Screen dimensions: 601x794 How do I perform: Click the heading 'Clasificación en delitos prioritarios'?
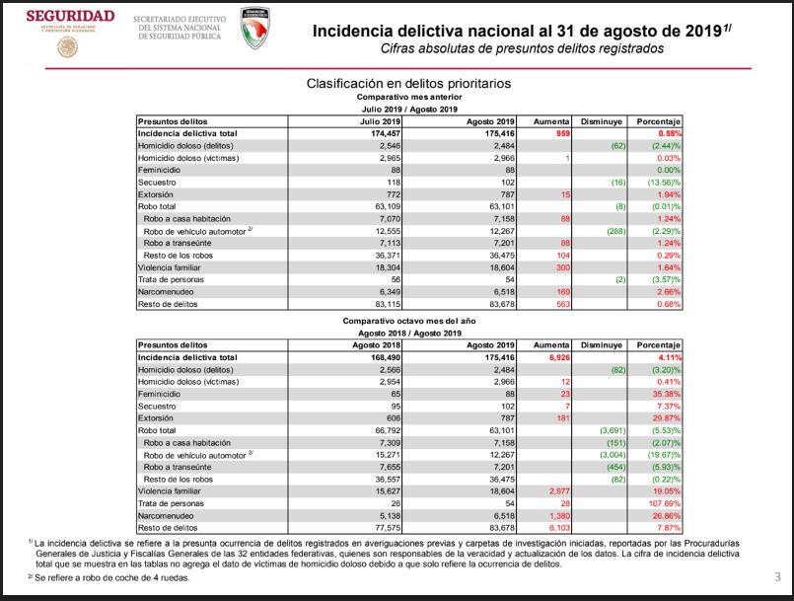(408, 84)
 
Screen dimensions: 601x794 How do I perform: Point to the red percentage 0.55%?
(670, 132)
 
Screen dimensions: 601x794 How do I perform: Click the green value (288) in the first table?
(613, 230)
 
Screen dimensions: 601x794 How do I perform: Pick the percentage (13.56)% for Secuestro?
(662, 182)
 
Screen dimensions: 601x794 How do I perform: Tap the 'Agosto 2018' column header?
(371, 344)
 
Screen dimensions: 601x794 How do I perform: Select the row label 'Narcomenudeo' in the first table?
(167, 291)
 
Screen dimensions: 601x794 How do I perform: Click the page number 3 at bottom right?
(776, 577)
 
